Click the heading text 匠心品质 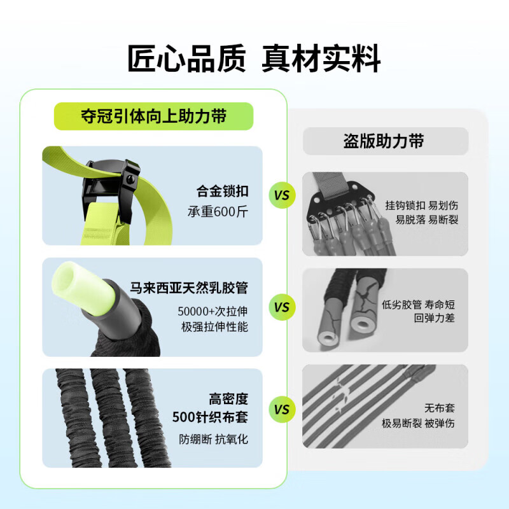point(186,59)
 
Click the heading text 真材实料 point(322,59)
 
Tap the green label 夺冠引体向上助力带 point(154,116)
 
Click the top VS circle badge point(281,195)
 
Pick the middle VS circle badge point(281,307)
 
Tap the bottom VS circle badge point(281,409)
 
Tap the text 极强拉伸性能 point(213,327)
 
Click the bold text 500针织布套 point(210,417)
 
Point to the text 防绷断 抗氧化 point(213,439)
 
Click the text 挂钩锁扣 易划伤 point(421,206)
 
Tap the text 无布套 point(440,408)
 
